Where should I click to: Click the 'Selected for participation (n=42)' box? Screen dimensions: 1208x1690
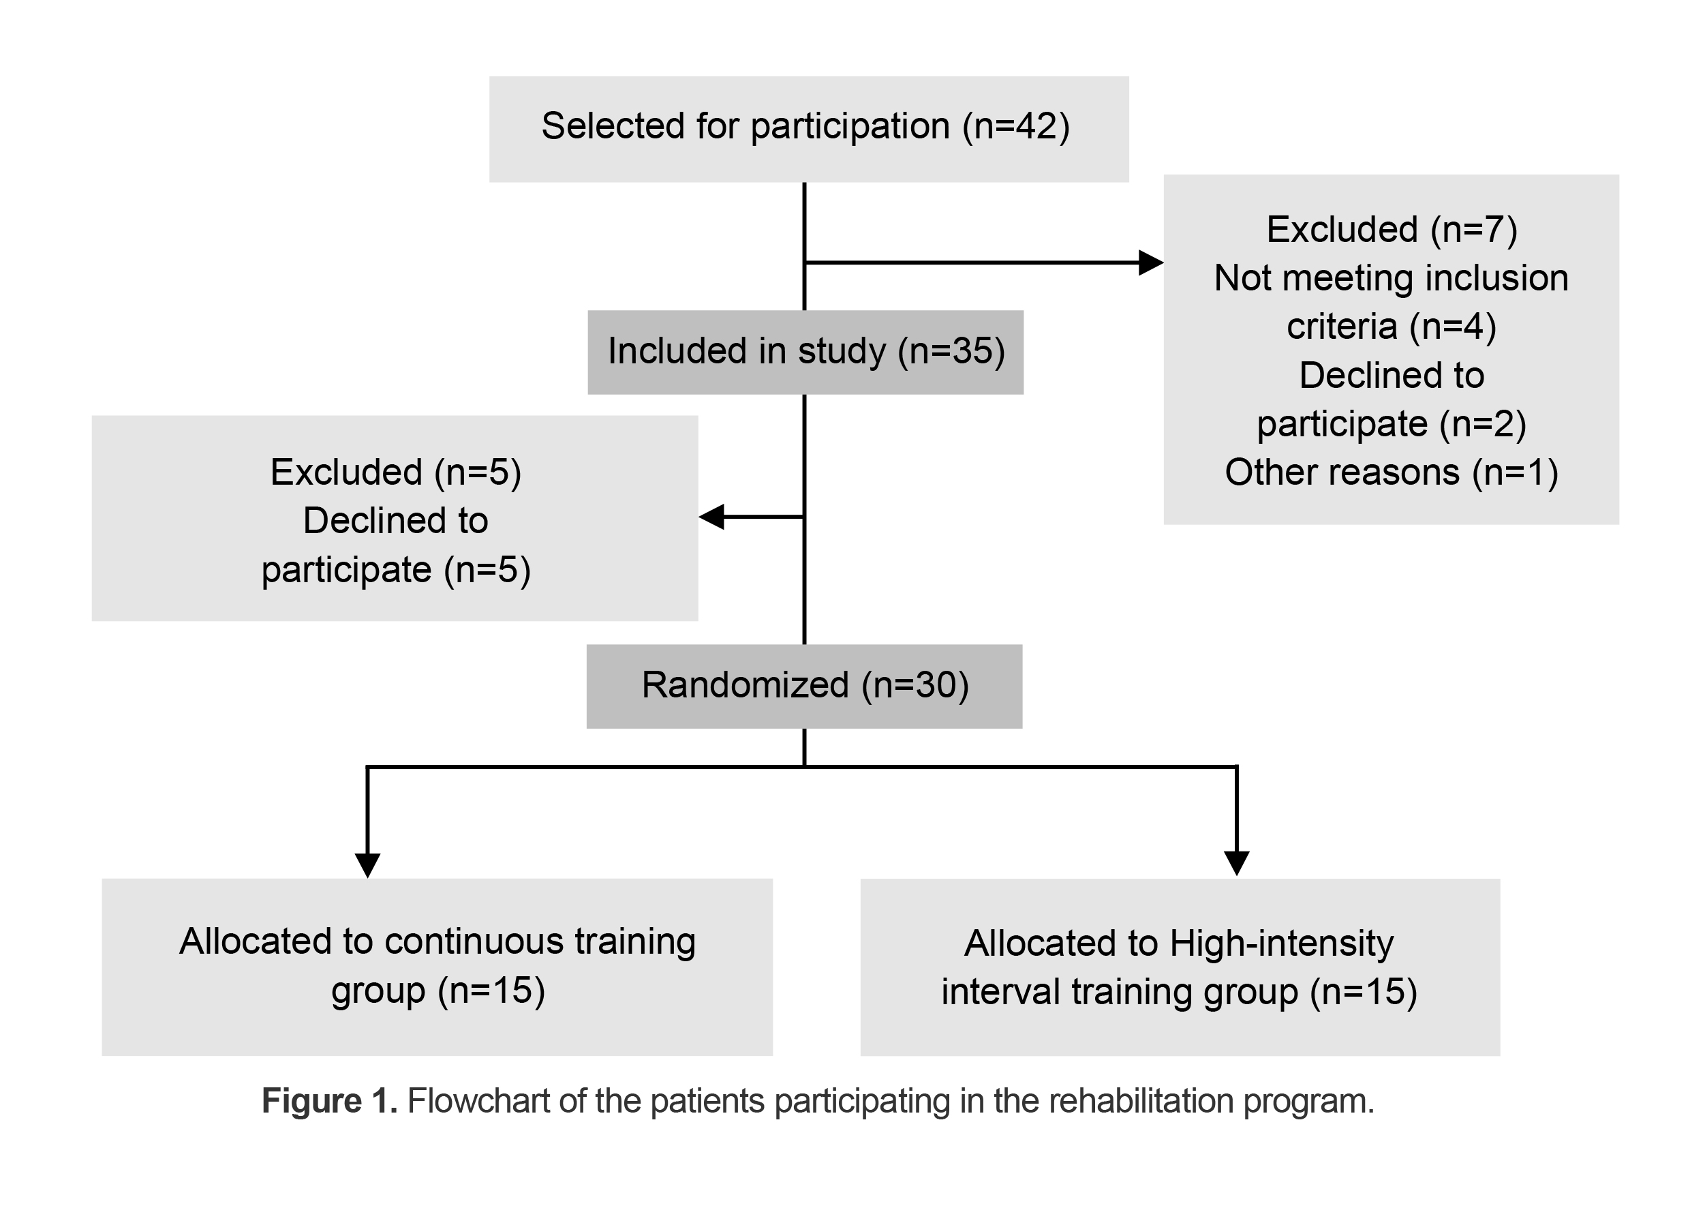pyautogui.click(x=808, y=128)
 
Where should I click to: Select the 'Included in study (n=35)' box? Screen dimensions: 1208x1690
pyautogui.click(x=805, y=352)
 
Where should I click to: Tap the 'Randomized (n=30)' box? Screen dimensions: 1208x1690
pyautogui.click(x=803, y=686)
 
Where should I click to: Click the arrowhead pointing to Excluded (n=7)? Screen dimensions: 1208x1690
pyautogui.click(x=1150, y=262)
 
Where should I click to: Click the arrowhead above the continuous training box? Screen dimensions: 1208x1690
pyautogui.click(x=367, y=864)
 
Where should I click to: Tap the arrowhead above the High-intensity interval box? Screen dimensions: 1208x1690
pyautogui.click(x=1235, y=863)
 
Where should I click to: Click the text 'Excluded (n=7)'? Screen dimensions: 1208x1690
pyautogui.click(x=1391, y=229)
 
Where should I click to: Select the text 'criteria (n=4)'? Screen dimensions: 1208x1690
pyautogui.click(x=1391, y=327)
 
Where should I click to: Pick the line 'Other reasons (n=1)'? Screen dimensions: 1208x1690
pyautogui.click(x=1391, y=472)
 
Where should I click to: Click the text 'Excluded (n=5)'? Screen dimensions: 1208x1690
pyautogui.click(x=395, y=472)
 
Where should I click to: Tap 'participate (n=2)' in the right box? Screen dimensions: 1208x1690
pyautogui.click(x=1391, y=424)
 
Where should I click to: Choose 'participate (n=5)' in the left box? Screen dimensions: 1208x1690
pyautogui.click(x=395, y=570)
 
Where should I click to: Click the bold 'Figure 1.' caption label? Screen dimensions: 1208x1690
pyautogui.click(x=329, y=1101)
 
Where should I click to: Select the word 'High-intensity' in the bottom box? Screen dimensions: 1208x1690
pyautogui.click(x=1281, y=943)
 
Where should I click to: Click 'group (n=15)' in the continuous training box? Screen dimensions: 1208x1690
pyautogui.click(x=438, y=991)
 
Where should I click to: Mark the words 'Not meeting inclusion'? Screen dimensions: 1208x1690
pyautogui.click(x=1391, y=278)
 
